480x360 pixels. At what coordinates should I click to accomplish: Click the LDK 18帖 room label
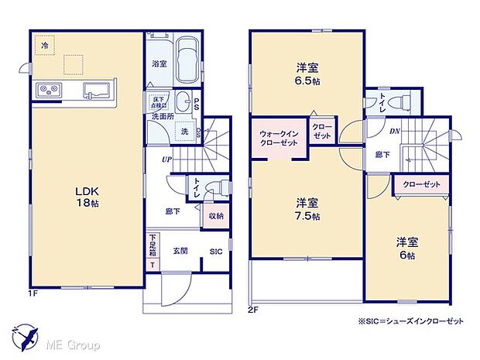tap(87, 195)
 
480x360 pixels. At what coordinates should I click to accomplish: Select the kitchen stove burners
tap(49, 91)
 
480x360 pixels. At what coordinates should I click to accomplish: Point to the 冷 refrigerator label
tap(45, 47)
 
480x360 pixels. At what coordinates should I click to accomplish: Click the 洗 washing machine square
tap(185, 132)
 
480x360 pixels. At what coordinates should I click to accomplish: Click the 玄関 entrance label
tap(180, 250)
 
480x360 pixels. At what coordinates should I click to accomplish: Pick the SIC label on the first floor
tap(216, 251)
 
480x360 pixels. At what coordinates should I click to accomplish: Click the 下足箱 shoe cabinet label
tap(153, 246)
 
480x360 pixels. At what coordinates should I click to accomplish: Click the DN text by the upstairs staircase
tap(394, 131)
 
